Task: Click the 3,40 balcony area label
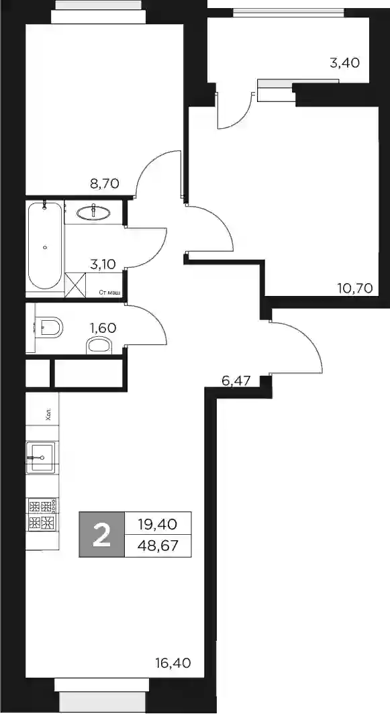coord(344,62)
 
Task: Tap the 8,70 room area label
coord(104,183)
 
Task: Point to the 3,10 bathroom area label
coord(103,264)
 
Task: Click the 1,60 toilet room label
coord(103,327)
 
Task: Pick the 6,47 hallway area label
coord(236,380)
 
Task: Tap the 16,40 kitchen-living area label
coord(173,662)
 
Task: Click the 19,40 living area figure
coord(157,524)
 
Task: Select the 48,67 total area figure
coord(157,545)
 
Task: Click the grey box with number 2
coord(101,534)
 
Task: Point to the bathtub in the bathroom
coord(45,246)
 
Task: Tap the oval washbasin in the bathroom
coord(93,212)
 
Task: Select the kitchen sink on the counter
coord(41,457)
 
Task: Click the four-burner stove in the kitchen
coord(42,515)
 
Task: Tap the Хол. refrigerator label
coord(49,414)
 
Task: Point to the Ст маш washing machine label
coord(110,293)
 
